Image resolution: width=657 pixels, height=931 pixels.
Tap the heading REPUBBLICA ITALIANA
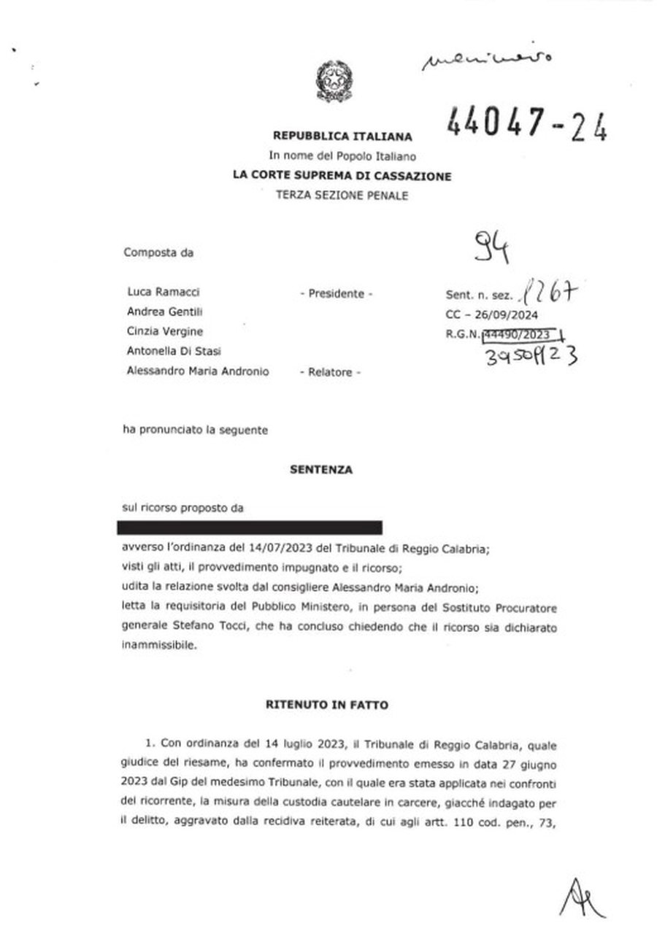342,136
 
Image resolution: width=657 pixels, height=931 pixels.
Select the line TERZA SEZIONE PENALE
342,195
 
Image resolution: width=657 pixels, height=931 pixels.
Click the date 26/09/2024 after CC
515,315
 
